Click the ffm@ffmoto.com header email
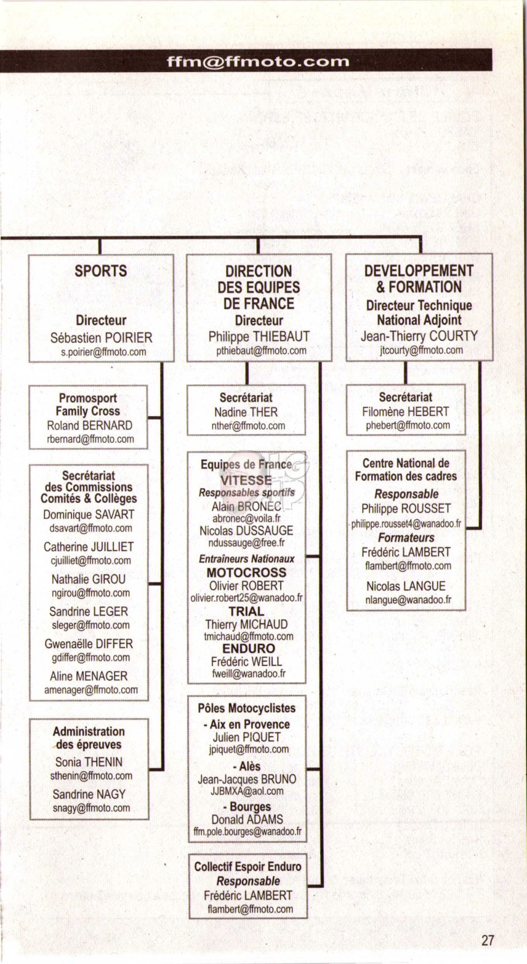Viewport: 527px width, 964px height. tap(258, 62)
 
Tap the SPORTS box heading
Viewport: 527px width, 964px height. tap(101, 271)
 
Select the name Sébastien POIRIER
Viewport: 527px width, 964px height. tap(101, 338)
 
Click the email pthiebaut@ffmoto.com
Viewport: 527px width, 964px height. tap(262, 351)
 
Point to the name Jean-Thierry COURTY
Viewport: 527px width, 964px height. tap(419, 336)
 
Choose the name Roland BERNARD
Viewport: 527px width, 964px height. tap(89, 425)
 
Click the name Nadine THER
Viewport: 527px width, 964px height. tap(246, 412)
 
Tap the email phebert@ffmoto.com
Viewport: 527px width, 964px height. tap(408, 425)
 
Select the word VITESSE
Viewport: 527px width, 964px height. tap(246, 480)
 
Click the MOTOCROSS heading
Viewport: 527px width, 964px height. tap(246, 573)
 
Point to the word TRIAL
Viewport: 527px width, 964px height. tap(246, 611)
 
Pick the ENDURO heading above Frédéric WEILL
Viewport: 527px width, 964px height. tap(249, 649)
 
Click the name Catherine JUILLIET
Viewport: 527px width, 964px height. tap(89, 547)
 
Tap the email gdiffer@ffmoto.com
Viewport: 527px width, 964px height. tap(91, 657)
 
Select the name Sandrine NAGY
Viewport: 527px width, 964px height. tap(89, 795)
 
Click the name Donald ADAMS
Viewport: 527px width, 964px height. tap(247, 819)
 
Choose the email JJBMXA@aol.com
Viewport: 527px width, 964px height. tap(247, 791)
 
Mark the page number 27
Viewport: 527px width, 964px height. tap(488, 941)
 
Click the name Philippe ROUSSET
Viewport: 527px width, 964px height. tap(406, 508)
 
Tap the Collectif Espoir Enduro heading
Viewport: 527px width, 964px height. tap(247, 867)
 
